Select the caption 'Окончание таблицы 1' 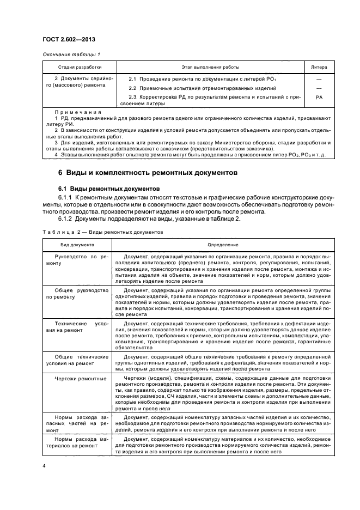[x=71, y=53]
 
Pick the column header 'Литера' [x=319, y=68]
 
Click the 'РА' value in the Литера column [x=319, y=99]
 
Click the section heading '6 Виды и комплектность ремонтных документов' [x=148, y=173]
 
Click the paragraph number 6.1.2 [x=66, y=218]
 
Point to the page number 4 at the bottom [x=44, y=466]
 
